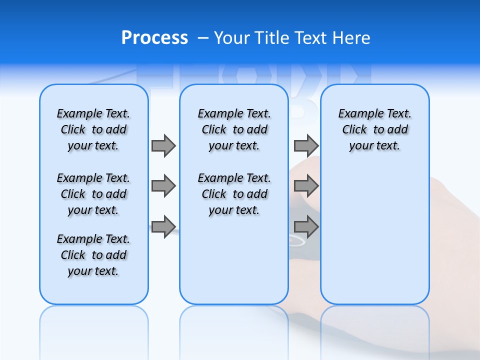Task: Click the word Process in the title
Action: point(154,37)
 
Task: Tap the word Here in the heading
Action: point(352,37)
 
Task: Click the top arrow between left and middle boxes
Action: point(163,145)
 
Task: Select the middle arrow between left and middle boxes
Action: point(163,186)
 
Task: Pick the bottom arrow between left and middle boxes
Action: point(163,226)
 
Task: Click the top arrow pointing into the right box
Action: point(306,145)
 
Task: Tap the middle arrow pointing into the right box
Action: point(306,186)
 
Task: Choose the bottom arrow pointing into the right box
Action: point(306,226)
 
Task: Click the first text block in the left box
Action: point(93,129)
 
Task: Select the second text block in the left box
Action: point(93,194)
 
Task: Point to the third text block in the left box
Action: point(93,255)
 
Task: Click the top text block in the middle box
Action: point(234,129)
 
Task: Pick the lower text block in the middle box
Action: point(234,194)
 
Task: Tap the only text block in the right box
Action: point(374,129)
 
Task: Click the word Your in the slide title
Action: point(232,37)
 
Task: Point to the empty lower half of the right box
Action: point(374,240)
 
